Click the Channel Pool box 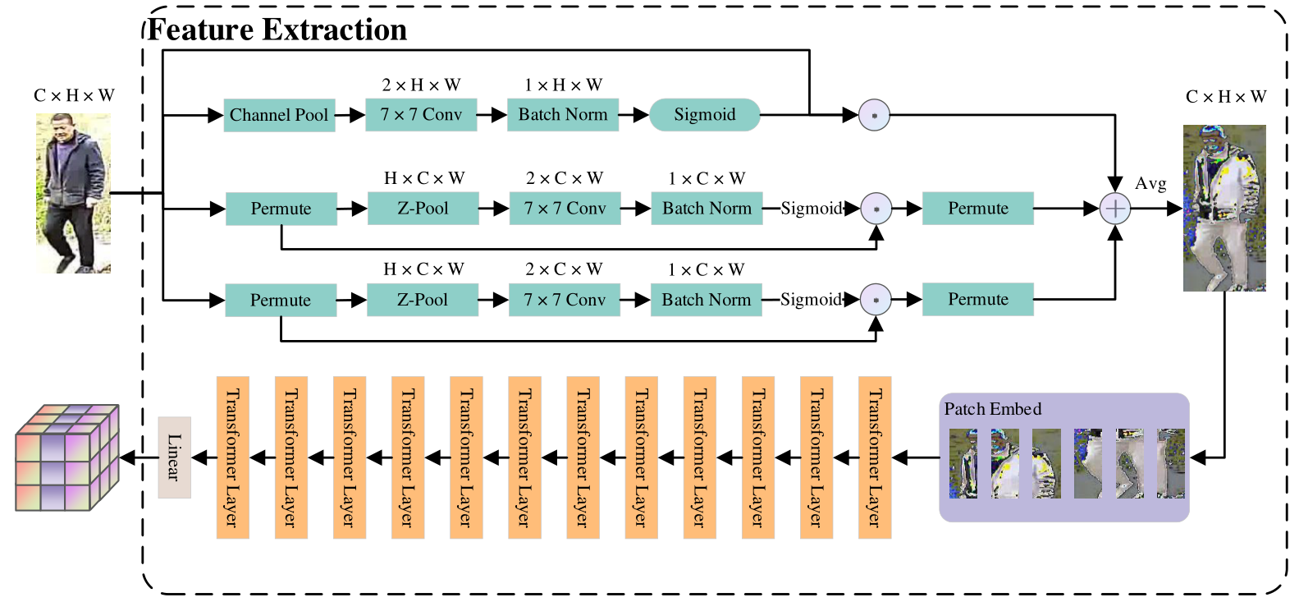[x=279, y=115]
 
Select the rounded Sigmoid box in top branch [x=704, y=115]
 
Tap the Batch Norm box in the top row [x=563, y=115]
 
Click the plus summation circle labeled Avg [x=1114, y=209]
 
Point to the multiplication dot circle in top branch [x=874, y=116]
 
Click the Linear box [x=174, y=457]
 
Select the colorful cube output [x=67, y=457]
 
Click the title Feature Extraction [x=277, y=30]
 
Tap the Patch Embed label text [x=992, y=409]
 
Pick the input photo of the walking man [x=73, y=194]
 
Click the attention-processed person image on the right [x=1224, y=209]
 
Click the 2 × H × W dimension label [x=421, y=85]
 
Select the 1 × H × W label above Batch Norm [x=563, y=85]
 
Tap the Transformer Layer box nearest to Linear [x=232, y=457]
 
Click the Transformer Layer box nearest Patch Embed [x=874, y=457]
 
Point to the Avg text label [x=1150, y=184]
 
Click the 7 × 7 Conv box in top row [x=421, y=115]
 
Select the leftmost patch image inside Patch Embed [x=963, y=464]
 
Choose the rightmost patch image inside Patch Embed [x=1171, y=464]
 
